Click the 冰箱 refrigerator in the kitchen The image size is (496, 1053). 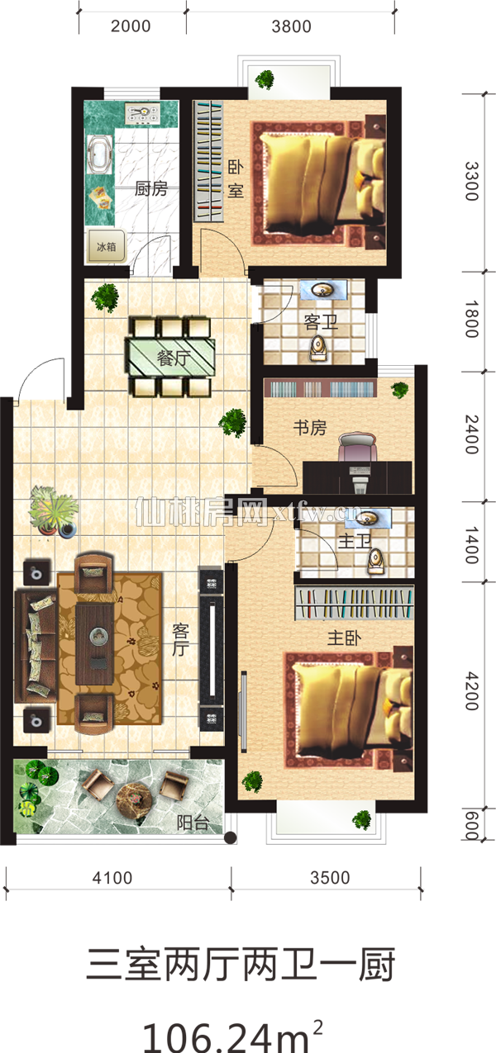(x=106, y=245)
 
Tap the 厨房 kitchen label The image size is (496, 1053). (x=150, y=188)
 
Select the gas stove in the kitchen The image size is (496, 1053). (x=142, y=113)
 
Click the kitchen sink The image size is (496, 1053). (x=99, y=154)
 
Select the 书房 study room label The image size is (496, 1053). (x=310, y=427)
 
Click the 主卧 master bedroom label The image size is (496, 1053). (x=344, y=638)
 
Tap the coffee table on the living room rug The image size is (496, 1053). (x=94, y=644)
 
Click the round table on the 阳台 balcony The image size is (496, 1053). (x=134, y=797)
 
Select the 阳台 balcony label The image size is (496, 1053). (x=193, y=823)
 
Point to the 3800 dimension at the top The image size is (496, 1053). (x=291, y=26)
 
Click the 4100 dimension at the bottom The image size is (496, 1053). (x=112, y=878)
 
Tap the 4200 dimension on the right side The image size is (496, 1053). (x=471, y=691)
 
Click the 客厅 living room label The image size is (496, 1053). (x=181, y=639)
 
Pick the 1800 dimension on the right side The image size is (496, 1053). (x=471, y=319)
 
